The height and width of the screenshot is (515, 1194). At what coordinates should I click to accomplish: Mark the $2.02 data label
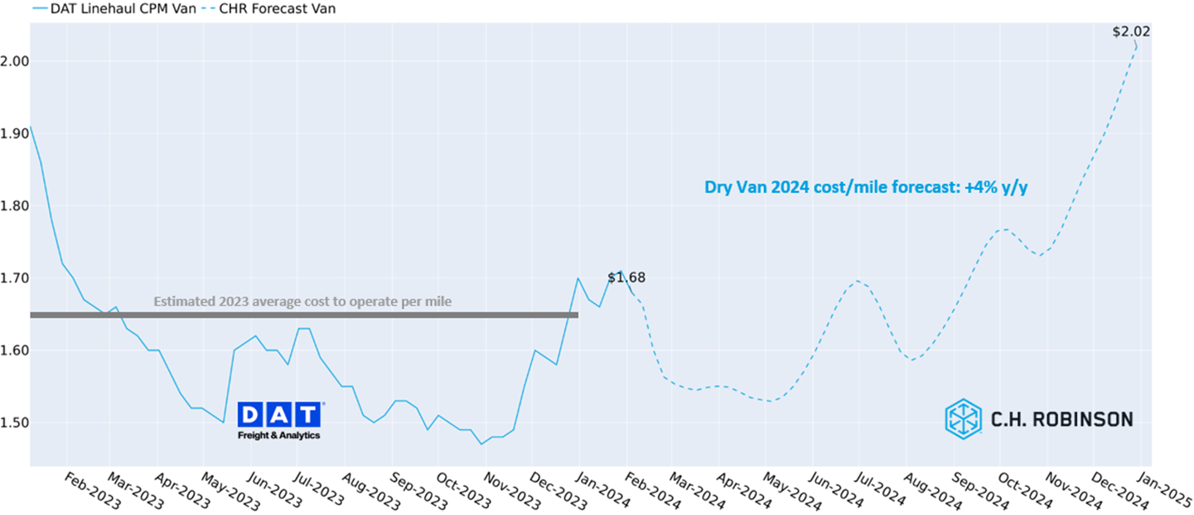click(1131, 32)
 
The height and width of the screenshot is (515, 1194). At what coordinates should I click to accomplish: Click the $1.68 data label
click(626, 277)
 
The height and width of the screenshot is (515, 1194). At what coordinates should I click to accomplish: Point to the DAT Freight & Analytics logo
click(279, 421)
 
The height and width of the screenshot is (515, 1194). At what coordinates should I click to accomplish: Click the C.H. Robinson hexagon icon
click(963, 419)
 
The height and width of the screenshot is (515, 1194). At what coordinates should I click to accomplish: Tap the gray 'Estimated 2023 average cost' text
click(302, 301)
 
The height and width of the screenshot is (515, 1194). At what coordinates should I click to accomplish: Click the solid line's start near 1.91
click(31, 128)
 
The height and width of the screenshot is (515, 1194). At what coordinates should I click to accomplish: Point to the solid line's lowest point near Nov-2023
click(481, 444)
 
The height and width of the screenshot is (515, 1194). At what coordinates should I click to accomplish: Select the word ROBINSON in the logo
click(1085, 420)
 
